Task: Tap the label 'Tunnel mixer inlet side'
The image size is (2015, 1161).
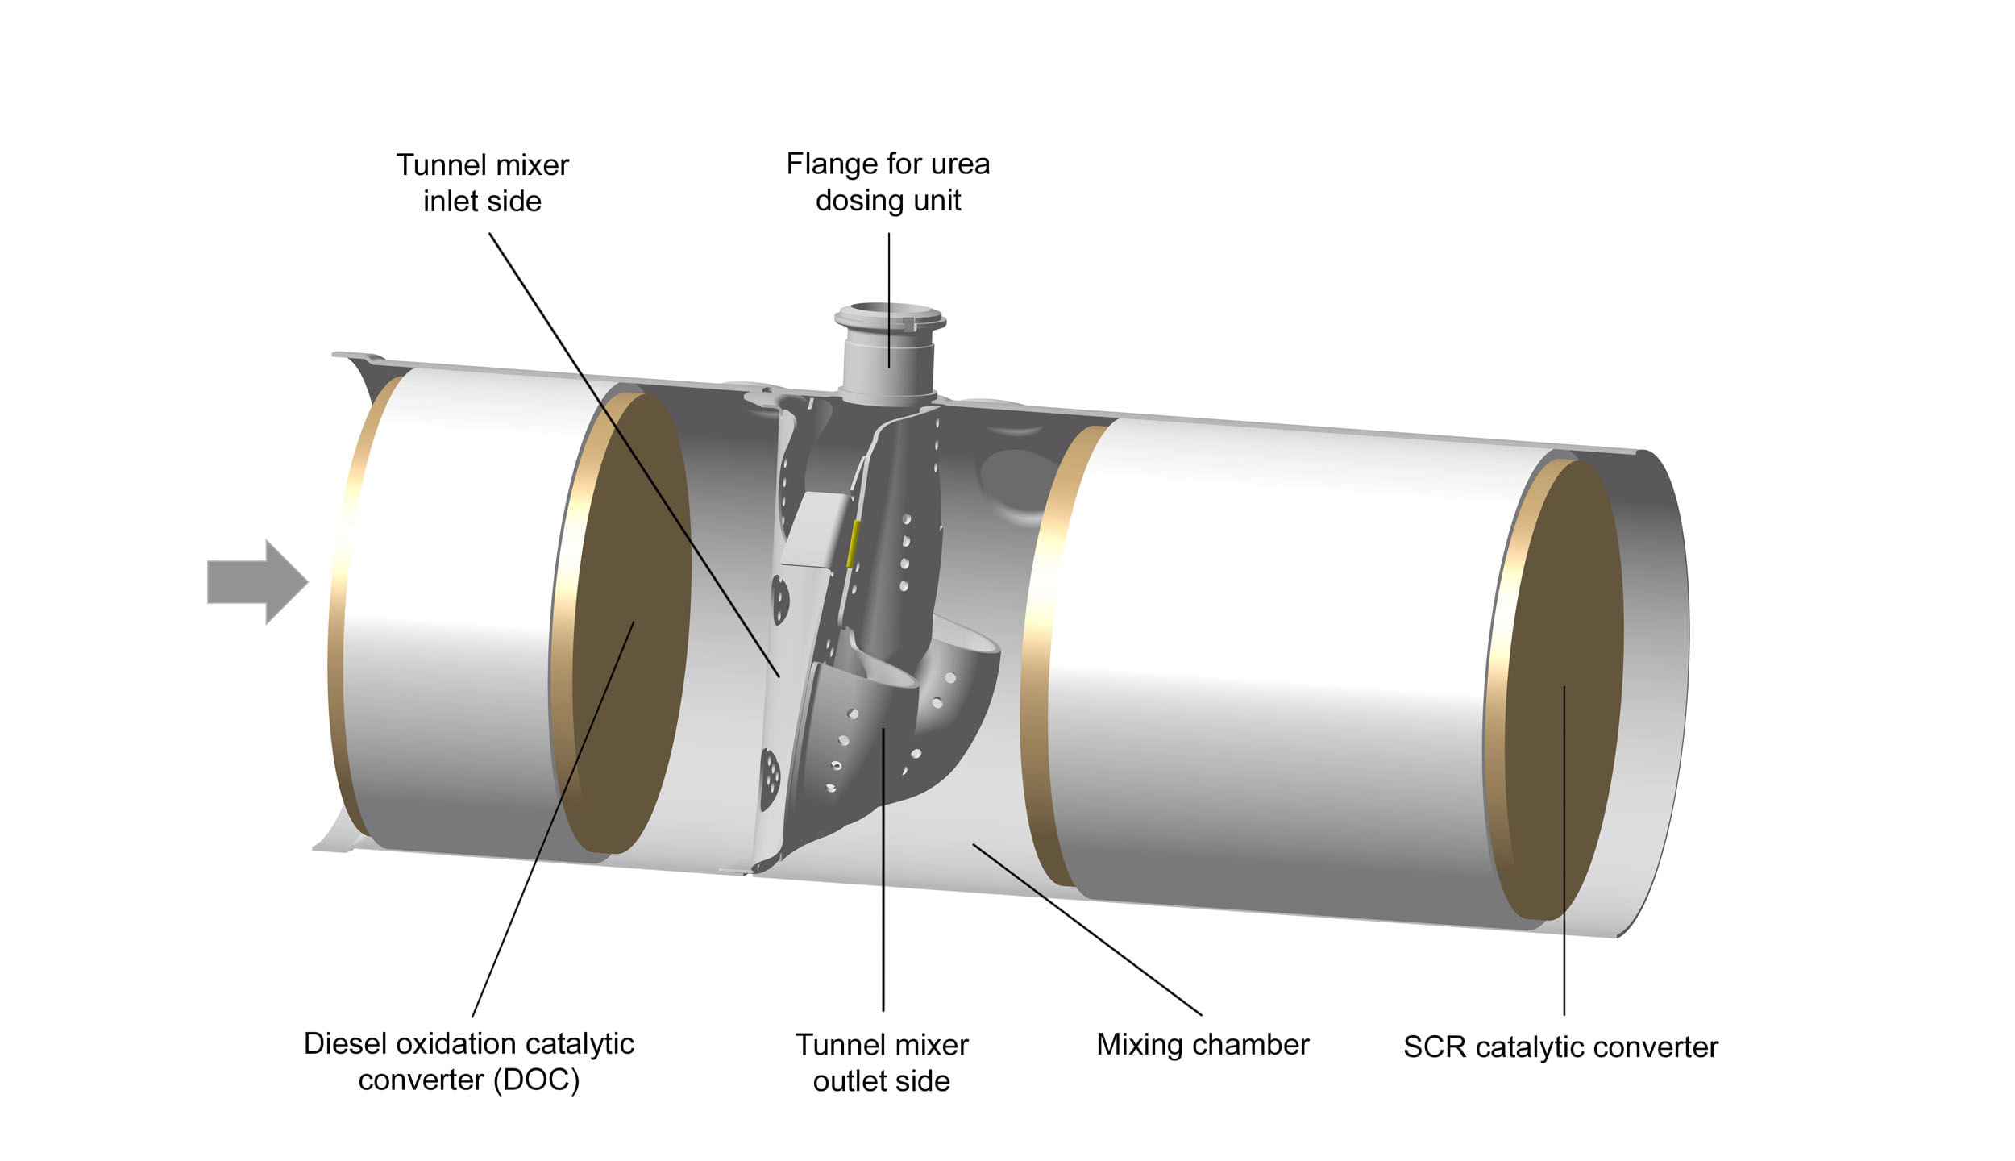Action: coord(482,183)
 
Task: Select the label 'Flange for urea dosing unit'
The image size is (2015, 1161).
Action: coord(887,182)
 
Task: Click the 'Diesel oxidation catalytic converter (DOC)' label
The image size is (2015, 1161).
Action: coord(468,1061)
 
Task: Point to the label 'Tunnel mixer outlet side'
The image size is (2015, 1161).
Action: coord(882,1063)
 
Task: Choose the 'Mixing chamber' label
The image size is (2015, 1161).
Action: coord(1203,1045)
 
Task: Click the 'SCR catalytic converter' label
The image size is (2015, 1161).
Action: coord(1560,1047)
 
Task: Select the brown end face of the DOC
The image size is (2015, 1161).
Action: coord(633,621)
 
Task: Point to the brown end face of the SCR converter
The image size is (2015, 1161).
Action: coord(1564,685)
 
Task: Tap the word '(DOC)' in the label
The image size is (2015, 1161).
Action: coord(535,1080)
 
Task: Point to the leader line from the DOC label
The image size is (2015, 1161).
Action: coord(556,814)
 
